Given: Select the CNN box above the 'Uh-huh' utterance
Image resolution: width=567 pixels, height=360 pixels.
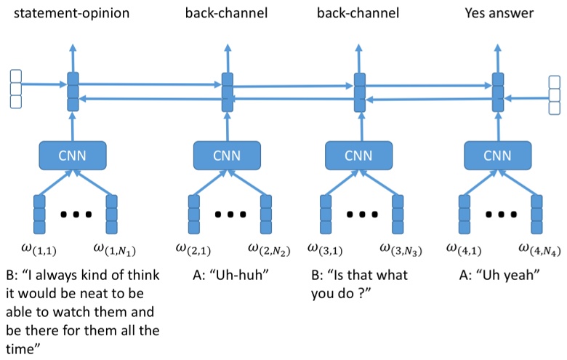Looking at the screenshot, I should [x=228, y=154].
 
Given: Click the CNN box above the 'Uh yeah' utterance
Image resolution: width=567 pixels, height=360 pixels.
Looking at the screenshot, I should [x=498, y=154].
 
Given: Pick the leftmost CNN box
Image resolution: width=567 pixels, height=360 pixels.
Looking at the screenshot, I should [x=72, y=154].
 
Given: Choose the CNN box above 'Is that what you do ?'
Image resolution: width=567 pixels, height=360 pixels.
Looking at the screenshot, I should [x=358, y=154].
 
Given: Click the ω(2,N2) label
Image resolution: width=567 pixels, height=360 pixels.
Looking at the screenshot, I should [x=269, y=251].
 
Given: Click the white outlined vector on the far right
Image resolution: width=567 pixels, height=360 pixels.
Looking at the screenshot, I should [x=555, y=95].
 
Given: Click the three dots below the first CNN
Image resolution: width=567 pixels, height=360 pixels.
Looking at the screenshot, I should [x=75, y=215].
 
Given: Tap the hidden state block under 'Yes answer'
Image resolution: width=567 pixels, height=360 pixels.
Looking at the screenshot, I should [x=498, y=92].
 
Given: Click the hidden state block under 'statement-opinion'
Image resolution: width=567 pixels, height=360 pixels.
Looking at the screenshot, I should [x=72, y=92].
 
